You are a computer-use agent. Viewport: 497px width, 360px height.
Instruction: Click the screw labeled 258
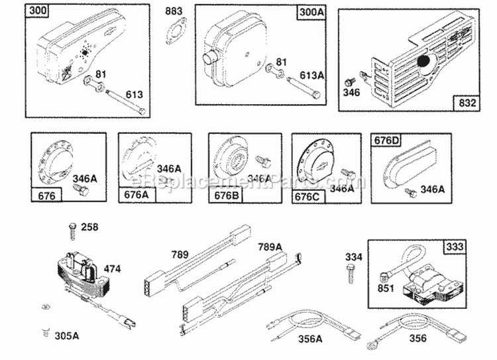[x=70, y=230]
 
